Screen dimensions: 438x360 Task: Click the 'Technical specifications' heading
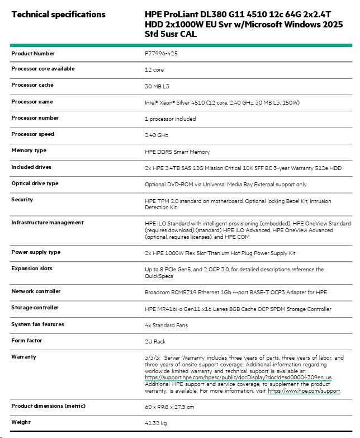(58, 14)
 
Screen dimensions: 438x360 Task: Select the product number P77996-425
(162, 54)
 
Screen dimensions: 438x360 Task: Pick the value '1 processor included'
(170, 119)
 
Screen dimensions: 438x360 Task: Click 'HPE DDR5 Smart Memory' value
(177, 152)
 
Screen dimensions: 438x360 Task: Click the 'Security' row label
(22, 200)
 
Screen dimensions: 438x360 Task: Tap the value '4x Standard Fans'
(166, 326)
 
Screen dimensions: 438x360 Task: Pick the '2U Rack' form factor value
(155, 341)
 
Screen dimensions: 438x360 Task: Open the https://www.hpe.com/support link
(304, 391)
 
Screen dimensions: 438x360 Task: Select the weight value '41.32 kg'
(157, 423)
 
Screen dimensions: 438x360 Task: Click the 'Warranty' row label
(23, 356)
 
